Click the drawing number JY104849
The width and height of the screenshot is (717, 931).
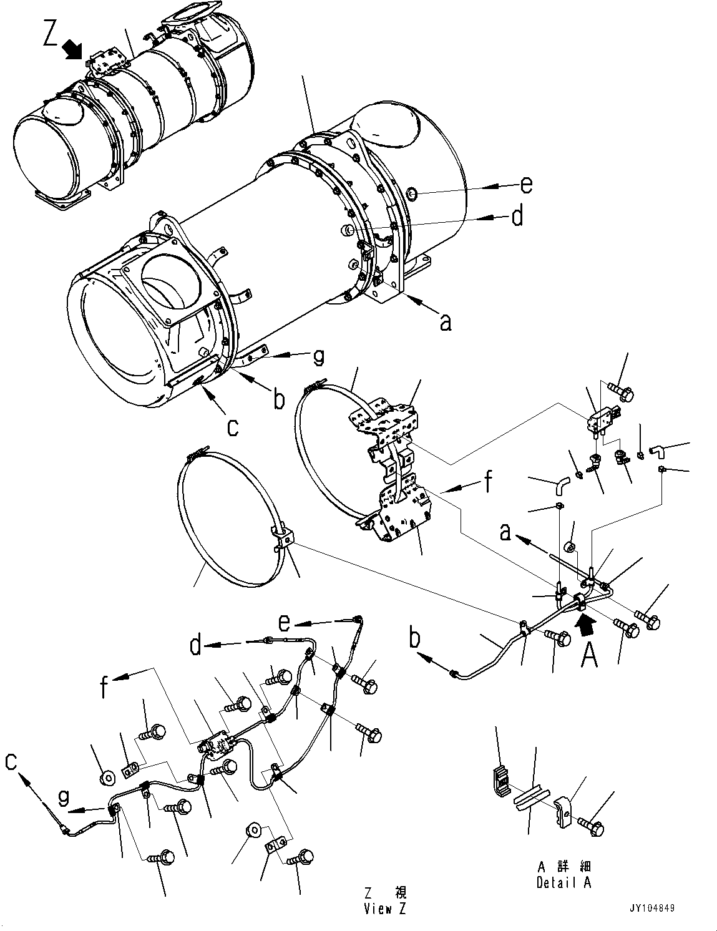pyautogui.click(x=651, y=909)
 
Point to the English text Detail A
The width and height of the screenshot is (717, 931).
pyautogui.click(x=563, y=882)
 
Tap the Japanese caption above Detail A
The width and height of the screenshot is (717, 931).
pyautogui.click(x=563, y=867)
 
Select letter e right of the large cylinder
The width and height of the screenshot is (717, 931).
pyautogui.click(x=526, y=185)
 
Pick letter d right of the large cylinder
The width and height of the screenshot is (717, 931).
pyautogui.click(x=517, y=217)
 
